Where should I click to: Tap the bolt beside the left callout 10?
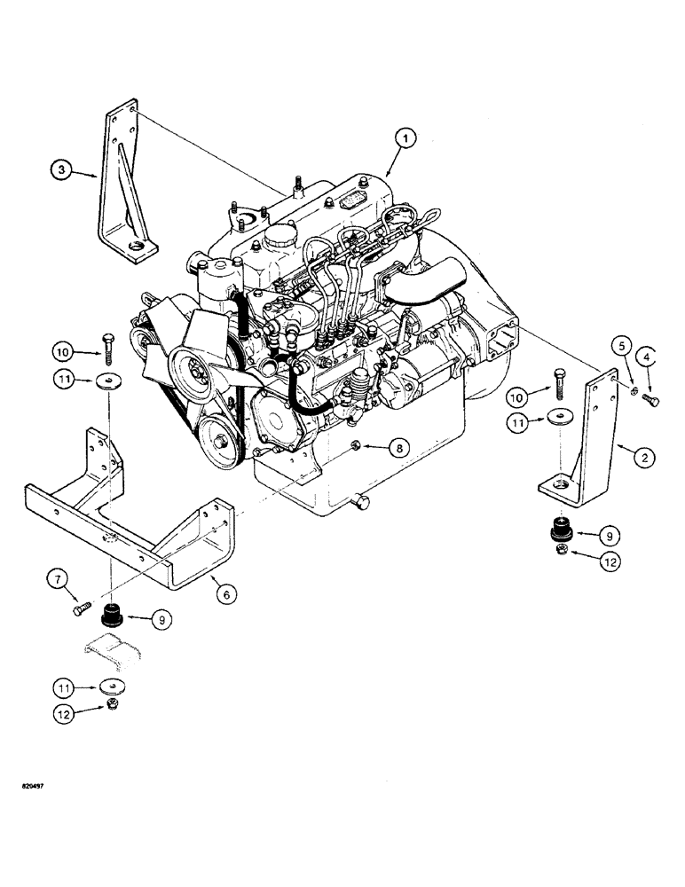click(x=106, y=348)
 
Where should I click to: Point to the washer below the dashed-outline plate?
click(x=111, y=687)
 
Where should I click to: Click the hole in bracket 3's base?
click(x=136, y=246)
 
